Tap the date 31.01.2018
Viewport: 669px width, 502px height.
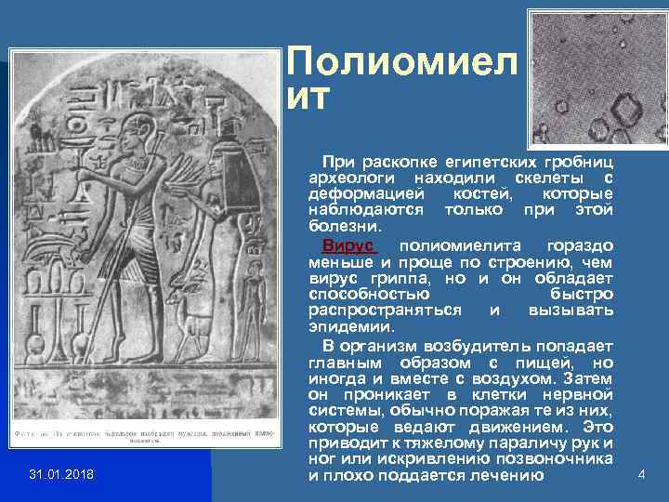[x=61, y=476]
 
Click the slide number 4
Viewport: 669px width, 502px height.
[x=640, y=475]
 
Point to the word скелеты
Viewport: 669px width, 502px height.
[x=542, y=178]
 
